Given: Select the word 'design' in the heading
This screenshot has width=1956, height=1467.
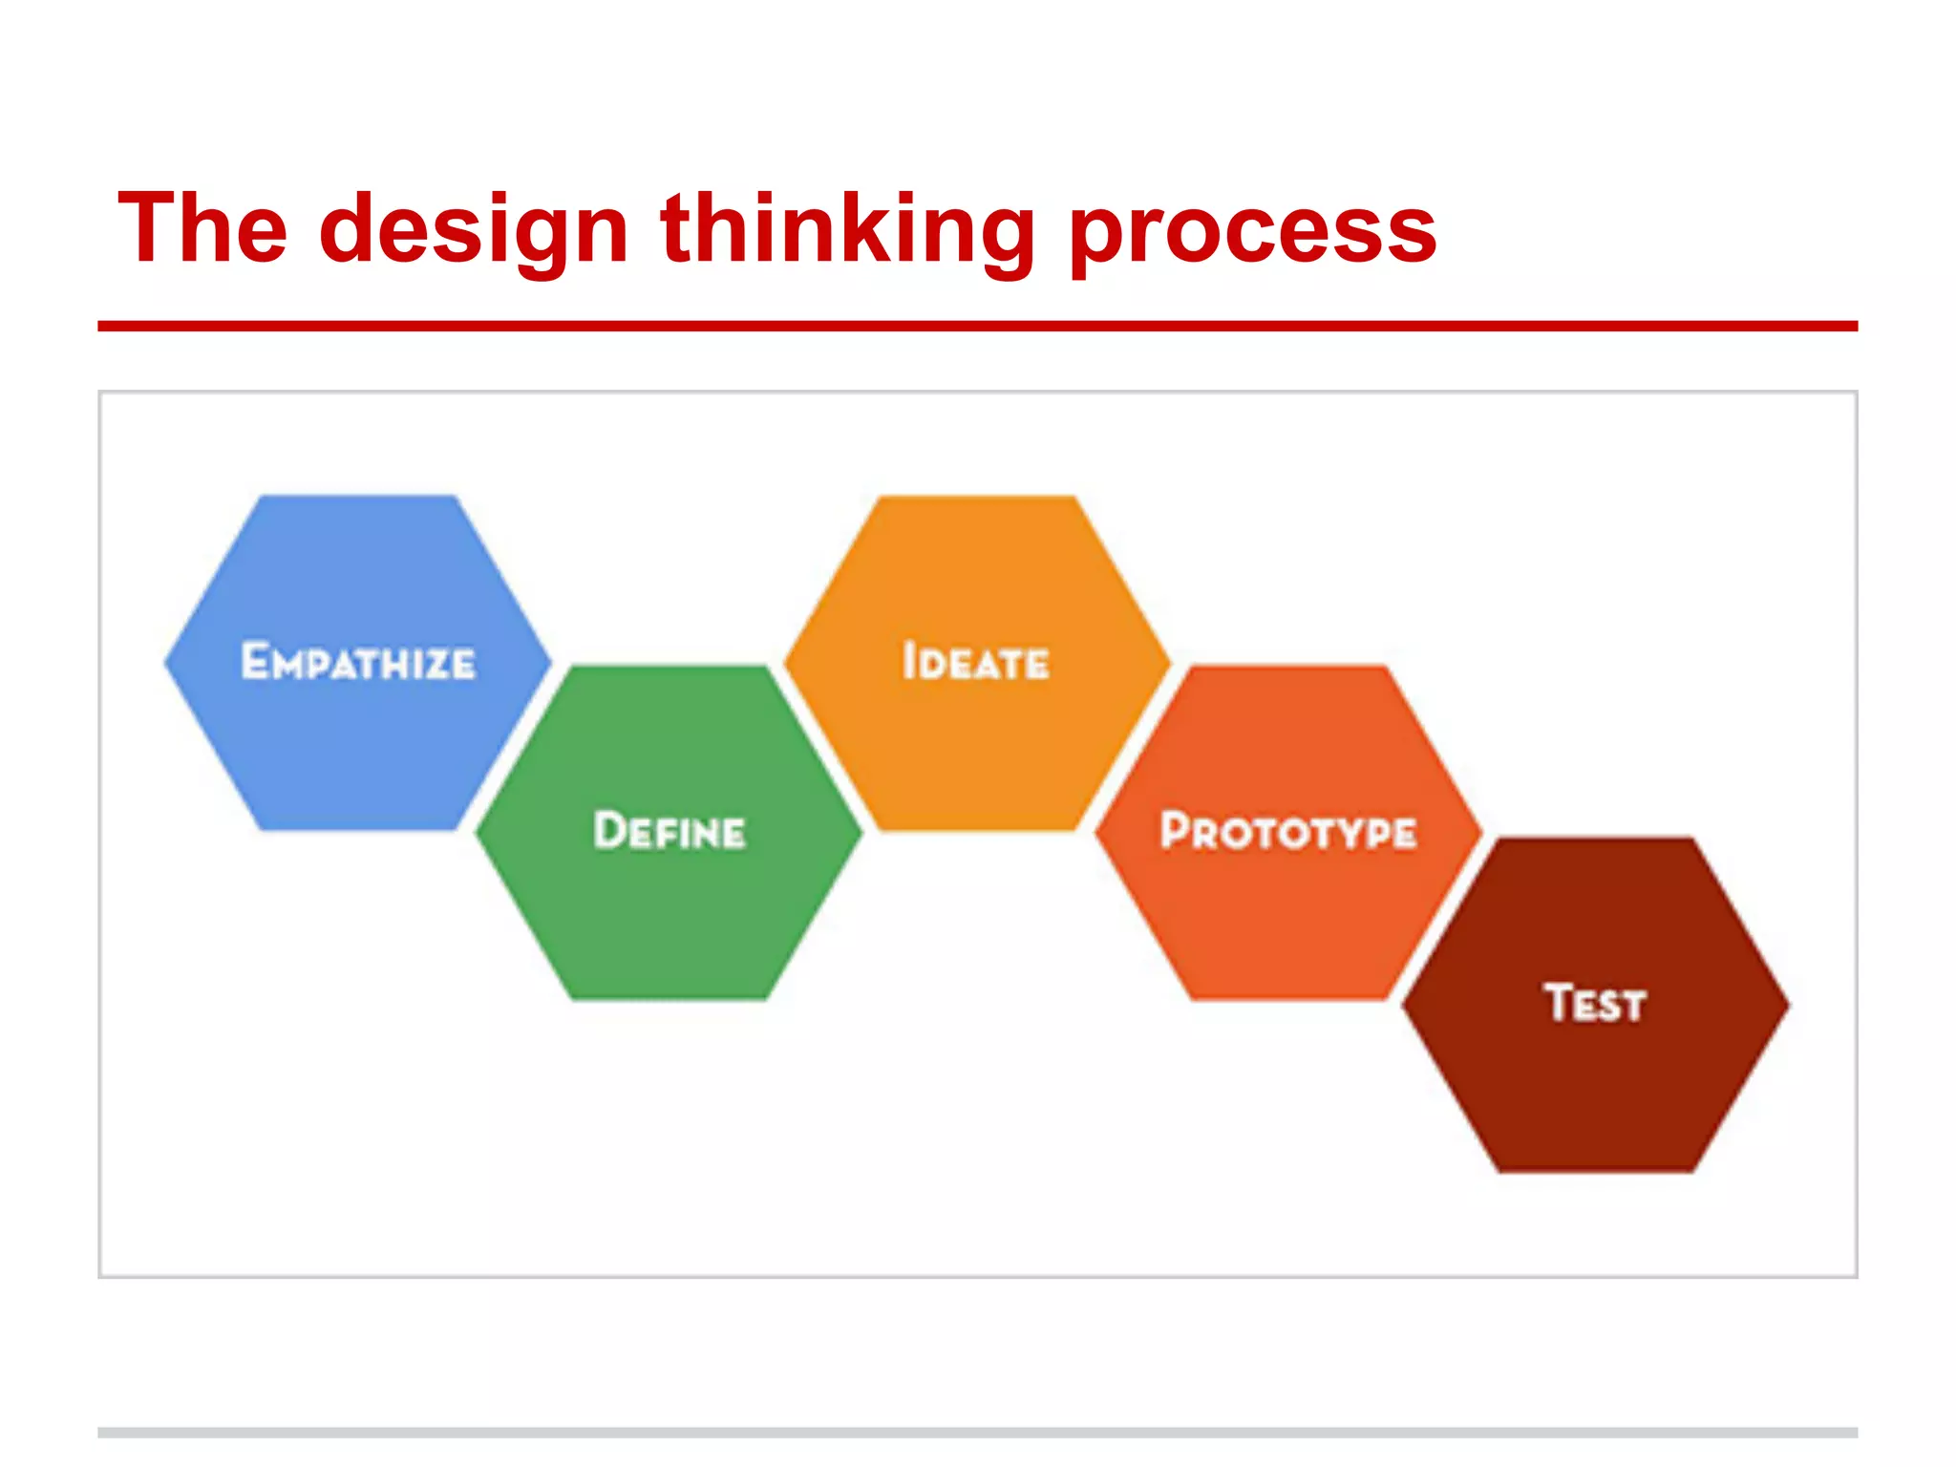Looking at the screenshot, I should click(x=474, y=229).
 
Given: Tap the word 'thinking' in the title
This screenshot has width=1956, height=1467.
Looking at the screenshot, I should click(x=847, y=229).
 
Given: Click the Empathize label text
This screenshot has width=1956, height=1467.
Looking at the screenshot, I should click(x=358, y=662).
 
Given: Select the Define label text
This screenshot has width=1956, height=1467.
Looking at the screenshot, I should click(x=670, y=830).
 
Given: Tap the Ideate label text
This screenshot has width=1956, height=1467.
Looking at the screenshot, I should click(x=976, y=662).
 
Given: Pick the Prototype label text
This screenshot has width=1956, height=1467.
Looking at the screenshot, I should click(x=1288, y=830).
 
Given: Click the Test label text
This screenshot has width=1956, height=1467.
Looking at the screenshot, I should click(x=1595, y=1003).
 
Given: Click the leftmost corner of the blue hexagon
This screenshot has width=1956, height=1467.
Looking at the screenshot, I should click(x=166, y=661).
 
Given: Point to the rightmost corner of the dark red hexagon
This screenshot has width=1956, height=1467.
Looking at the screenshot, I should click(x=1788, y=1004).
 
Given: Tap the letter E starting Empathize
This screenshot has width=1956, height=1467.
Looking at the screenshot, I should click(x=255, y=661).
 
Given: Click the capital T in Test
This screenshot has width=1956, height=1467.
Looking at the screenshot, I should click(x=1560, y=1002).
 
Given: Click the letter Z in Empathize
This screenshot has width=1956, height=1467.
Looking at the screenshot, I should click(x=436, y=664).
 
